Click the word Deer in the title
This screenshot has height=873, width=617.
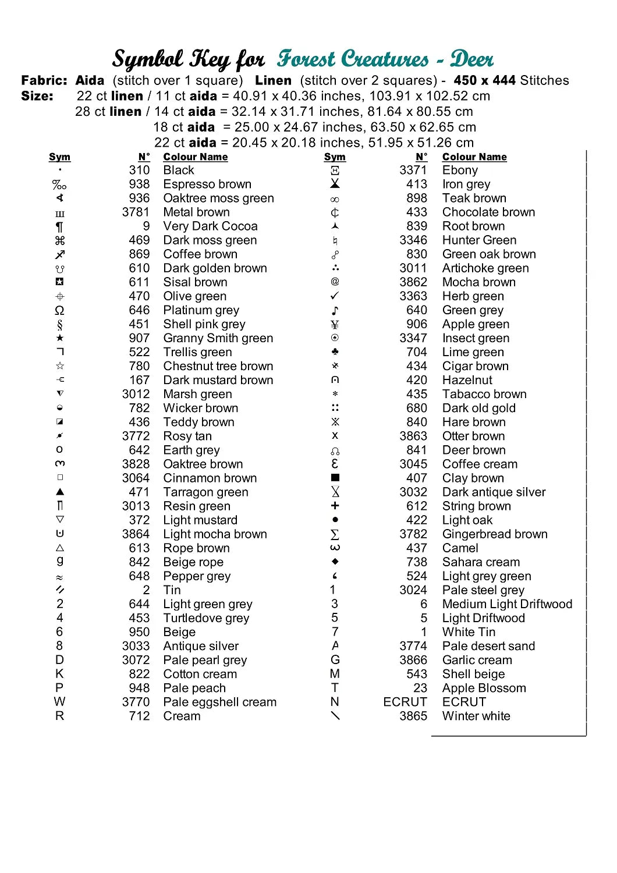472,59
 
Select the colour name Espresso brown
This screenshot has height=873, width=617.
207,184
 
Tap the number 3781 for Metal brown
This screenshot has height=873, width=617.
136,212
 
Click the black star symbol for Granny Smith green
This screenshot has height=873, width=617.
60,338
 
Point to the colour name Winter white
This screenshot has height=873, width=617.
476,716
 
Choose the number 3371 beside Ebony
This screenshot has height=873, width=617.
413,171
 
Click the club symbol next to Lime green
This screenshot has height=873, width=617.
335,352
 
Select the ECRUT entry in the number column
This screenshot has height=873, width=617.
405,702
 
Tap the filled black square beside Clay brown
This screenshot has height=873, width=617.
335,478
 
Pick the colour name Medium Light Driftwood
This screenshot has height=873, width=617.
507,605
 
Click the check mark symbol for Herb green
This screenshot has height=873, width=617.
335,296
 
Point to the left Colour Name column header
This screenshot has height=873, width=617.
196,157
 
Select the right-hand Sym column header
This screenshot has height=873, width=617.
335,157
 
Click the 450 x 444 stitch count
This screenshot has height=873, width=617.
484,81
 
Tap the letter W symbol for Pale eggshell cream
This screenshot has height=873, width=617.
60,702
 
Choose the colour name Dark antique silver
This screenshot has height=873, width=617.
494,492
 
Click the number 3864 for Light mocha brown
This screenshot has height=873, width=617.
136,534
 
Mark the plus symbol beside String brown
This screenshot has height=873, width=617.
335,506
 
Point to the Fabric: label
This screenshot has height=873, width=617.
44,81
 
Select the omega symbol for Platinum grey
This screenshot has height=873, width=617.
60,310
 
